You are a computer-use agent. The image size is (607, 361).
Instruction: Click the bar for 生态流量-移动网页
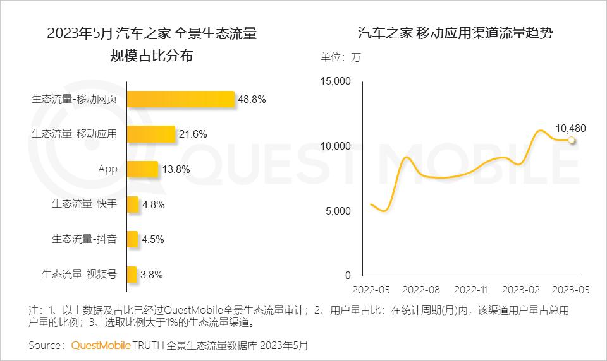click(181, 99)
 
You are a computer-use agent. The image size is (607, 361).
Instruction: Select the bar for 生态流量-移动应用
click(151, 134)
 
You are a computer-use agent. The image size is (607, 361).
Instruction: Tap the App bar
click(142, 169)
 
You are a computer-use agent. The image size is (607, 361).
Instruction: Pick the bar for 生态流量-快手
click(133, 204)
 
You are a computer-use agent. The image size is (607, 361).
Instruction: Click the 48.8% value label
click(252, 99)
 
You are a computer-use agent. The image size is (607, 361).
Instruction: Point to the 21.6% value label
click(193, 134)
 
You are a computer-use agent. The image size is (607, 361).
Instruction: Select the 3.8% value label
click(152, 275)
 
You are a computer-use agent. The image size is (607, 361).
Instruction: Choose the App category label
click(108, 169)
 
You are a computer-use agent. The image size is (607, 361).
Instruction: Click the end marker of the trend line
click(571, 140)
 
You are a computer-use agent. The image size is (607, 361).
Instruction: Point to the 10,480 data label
click(570, 128)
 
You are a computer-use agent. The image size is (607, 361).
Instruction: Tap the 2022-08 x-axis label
click(420, 290)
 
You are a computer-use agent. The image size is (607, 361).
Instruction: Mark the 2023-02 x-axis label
click(521, 290)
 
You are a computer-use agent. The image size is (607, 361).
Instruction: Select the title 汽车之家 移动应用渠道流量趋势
click(455, 33)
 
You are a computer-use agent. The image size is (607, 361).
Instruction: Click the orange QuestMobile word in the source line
click(101, 345)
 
